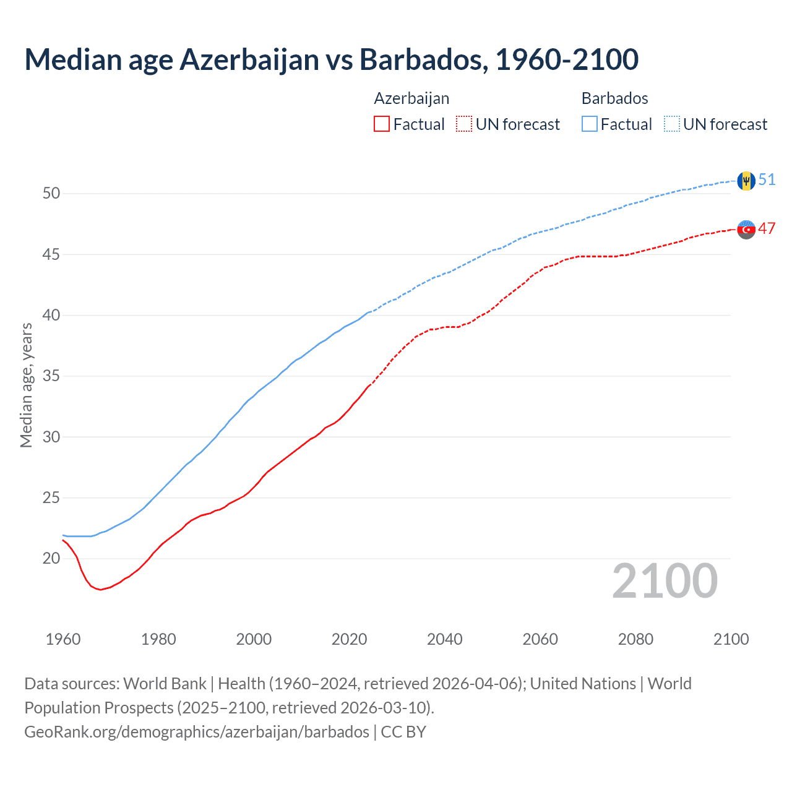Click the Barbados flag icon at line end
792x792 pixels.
pyautogui.click(x=746, y=181)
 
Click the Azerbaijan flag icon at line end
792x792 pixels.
pyautogui.click(x=746, y=229)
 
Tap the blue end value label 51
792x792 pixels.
pyautogui.click(x=767, y=179)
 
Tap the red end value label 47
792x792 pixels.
pyautogui.click(x=767, y=228)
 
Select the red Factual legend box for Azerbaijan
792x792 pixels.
pyautogui.click(x=382, y=124)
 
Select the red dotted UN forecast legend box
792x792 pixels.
pyautogui.click(x=464, y=124)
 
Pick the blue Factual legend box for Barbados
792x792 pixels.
pyautogui.click(x=590, y=124)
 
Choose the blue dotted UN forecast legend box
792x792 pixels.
pyautogui.click(x=671, y=124)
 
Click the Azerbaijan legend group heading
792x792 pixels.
pyautogui.click(x=411, y=98)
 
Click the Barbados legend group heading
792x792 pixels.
pyautogui.click(x=614, y=98)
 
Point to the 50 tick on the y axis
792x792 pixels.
pyautogui.click(x=51, y=194)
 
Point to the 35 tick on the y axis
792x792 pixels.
pyautogui.click(x=51, y=376)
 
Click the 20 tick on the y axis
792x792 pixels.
pyautogui.click(x=51, y=559)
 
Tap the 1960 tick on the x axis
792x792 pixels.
pyautogui.click(x=63, y=639)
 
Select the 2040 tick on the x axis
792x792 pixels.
pyautogui.click(x=444, y=639)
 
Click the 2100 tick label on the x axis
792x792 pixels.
pyautogui.click(x=731, y=639)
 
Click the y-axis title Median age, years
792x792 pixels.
pyautogui.click(x=26, y=385)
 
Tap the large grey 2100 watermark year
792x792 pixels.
pyautogui.click(x=665, y=582)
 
